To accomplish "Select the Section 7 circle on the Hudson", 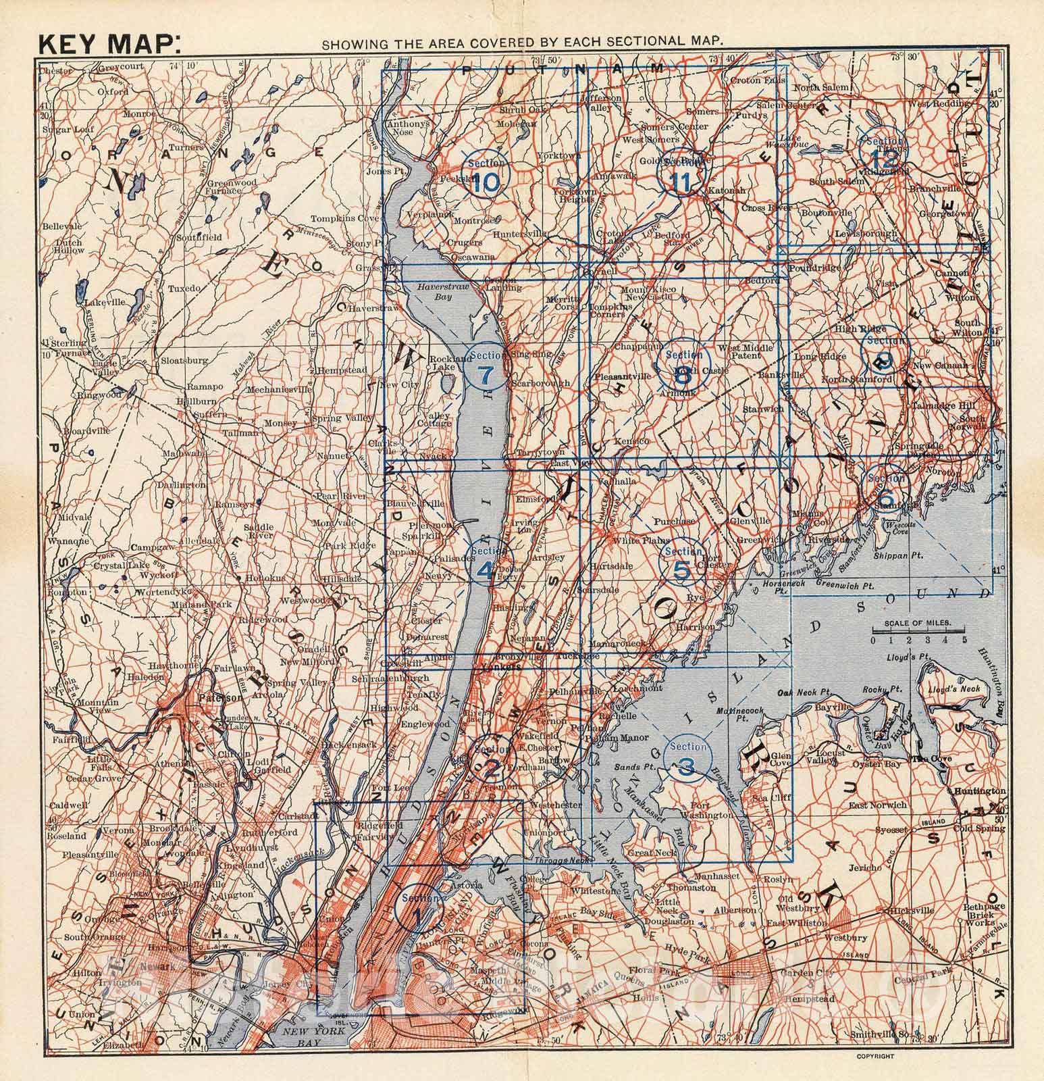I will (x=487, y=368).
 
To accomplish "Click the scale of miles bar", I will (x=917, y=638).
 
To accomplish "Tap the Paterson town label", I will (x=211, y=697).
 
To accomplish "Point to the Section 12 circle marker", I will (x=885, y=152).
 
